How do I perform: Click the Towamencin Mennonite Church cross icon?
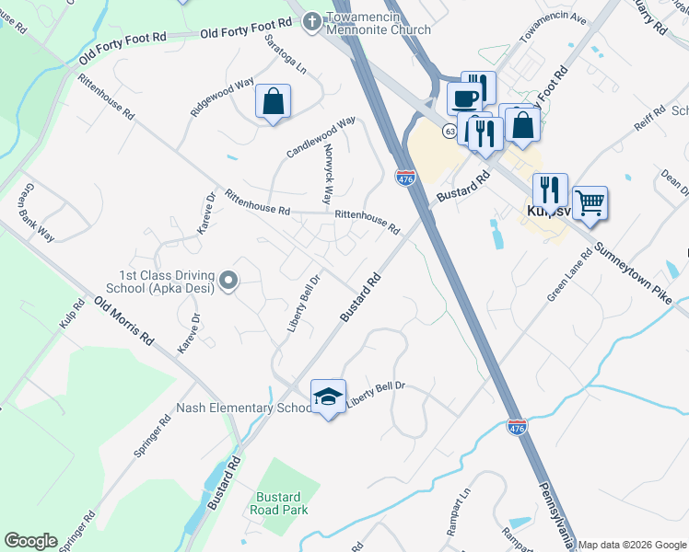click(x=312, y=19)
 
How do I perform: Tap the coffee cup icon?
click(x=464, y=98)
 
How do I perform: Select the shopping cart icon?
click(x=590, y=201)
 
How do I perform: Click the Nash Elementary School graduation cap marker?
click(x=328, y=396)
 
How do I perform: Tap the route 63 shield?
click(x=449, y=131)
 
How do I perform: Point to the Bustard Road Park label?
click(x=281, y=502)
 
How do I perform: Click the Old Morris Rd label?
click(x=123, y=320)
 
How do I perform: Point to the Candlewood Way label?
click(x=321, y=137)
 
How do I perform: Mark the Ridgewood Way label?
click(x=222, y=96)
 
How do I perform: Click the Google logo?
click(x=30, y=541)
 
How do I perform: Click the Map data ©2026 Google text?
click(x=632, y=545)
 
